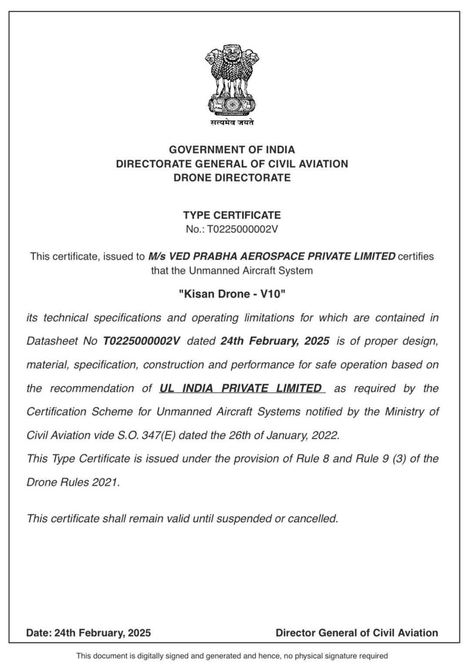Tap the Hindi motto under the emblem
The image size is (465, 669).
[232, 123]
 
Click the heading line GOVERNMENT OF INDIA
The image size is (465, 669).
[232, 150]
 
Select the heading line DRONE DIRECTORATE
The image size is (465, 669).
[232, 178]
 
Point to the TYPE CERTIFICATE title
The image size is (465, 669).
[232, 215]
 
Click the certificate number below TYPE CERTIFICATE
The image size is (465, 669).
[232, 229]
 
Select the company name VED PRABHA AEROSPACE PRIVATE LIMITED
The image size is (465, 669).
[272, 256]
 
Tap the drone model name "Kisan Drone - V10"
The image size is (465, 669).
[232, 294]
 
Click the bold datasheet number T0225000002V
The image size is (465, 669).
[142, 341]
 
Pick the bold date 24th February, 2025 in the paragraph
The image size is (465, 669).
[275, 341]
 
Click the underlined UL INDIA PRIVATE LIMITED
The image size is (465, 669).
[241, 388]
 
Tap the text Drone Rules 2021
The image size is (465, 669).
[73, 482]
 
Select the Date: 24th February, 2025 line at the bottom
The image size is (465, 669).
[88, 633]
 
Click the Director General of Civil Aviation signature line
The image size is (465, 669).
[357, 633]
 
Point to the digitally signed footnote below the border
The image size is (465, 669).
[232, 655]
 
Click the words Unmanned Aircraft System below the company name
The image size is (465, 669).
[250, 270]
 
